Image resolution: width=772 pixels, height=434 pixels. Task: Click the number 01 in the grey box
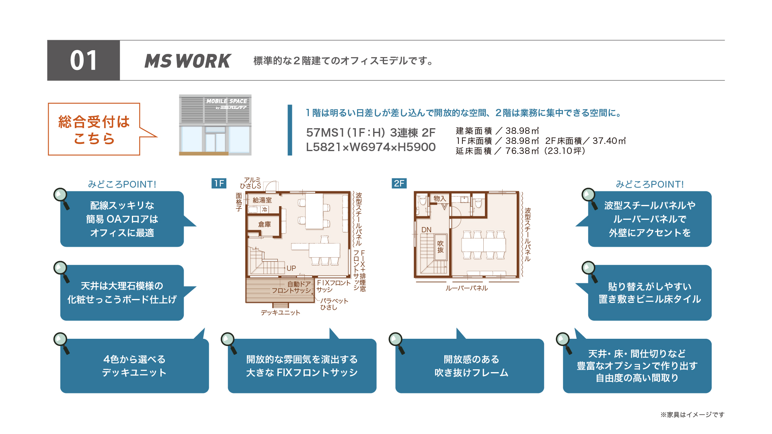[x=84, y=61]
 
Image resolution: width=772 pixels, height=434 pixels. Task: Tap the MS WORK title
[x=188, y=61]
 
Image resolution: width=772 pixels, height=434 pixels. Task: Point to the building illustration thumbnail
[x=215, y=125]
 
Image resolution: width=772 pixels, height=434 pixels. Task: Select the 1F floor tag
[x=219, y=184]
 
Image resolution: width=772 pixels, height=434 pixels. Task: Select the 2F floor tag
[x=399, y=184]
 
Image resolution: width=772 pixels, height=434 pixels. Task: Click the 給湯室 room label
[x=262, y=200]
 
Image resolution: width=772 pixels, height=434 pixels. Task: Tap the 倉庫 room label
[x=265, y=224]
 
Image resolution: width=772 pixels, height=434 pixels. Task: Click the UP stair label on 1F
[x=291, y=268]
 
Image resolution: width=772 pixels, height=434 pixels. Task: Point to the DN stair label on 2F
[x=426, y=230]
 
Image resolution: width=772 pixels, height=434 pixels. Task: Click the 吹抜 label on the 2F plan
[x=441, y=247]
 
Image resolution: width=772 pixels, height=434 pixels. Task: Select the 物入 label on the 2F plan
[x=440, y=199]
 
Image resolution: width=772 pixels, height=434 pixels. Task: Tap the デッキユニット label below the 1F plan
[x=281, y=313]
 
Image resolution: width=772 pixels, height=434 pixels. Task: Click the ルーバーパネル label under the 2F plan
[x=466, y=288]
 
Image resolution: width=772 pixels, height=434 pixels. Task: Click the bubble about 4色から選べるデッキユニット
[x=134, y=366]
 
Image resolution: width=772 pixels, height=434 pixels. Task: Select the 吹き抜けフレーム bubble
[x=470, y=366]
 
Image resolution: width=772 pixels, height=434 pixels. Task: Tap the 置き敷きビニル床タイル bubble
[x=650, y=293]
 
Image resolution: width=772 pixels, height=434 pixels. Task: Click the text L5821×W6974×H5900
[x=371, y=147]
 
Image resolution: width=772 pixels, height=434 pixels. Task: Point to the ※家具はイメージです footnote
[x=692, y=414]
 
